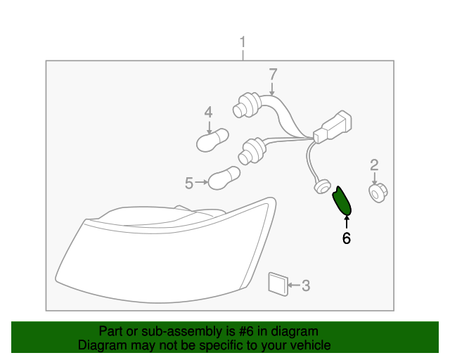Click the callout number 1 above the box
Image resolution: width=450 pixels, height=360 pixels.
243,42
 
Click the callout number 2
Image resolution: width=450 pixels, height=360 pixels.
374,165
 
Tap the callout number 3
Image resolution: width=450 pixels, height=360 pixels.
306,285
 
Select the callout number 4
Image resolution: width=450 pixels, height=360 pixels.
209,112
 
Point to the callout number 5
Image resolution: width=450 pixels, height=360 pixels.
189,183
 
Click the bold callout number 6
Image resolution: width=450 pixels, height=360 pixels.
347,238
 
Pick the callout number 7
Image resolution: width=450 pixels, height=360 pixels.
273,74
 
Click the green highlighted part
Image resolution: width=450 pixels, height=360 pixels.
342,200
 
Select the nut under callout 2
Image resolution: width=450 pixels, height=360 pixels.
378,193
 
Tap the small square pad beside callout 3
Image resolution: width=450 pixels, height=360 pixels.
278,284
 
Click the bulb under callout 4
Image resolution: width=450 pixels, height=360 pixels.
212,140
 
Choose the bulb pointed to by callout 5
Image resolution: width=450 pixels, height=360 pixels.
224,178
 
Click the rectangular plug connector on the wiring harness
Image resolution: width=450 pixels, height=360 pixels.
333,127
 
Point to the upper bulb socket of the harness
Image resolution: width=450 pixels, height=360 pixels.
247,105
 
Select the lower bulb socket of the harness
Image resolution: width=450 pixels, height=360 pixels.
252,151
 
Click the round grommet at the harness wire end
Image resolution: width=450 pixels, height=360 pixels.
321,186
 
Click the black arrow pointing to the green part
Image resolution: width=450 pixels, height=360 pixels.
347,223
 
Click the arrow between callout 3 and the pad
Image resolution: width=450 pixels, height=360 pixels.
294,285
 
